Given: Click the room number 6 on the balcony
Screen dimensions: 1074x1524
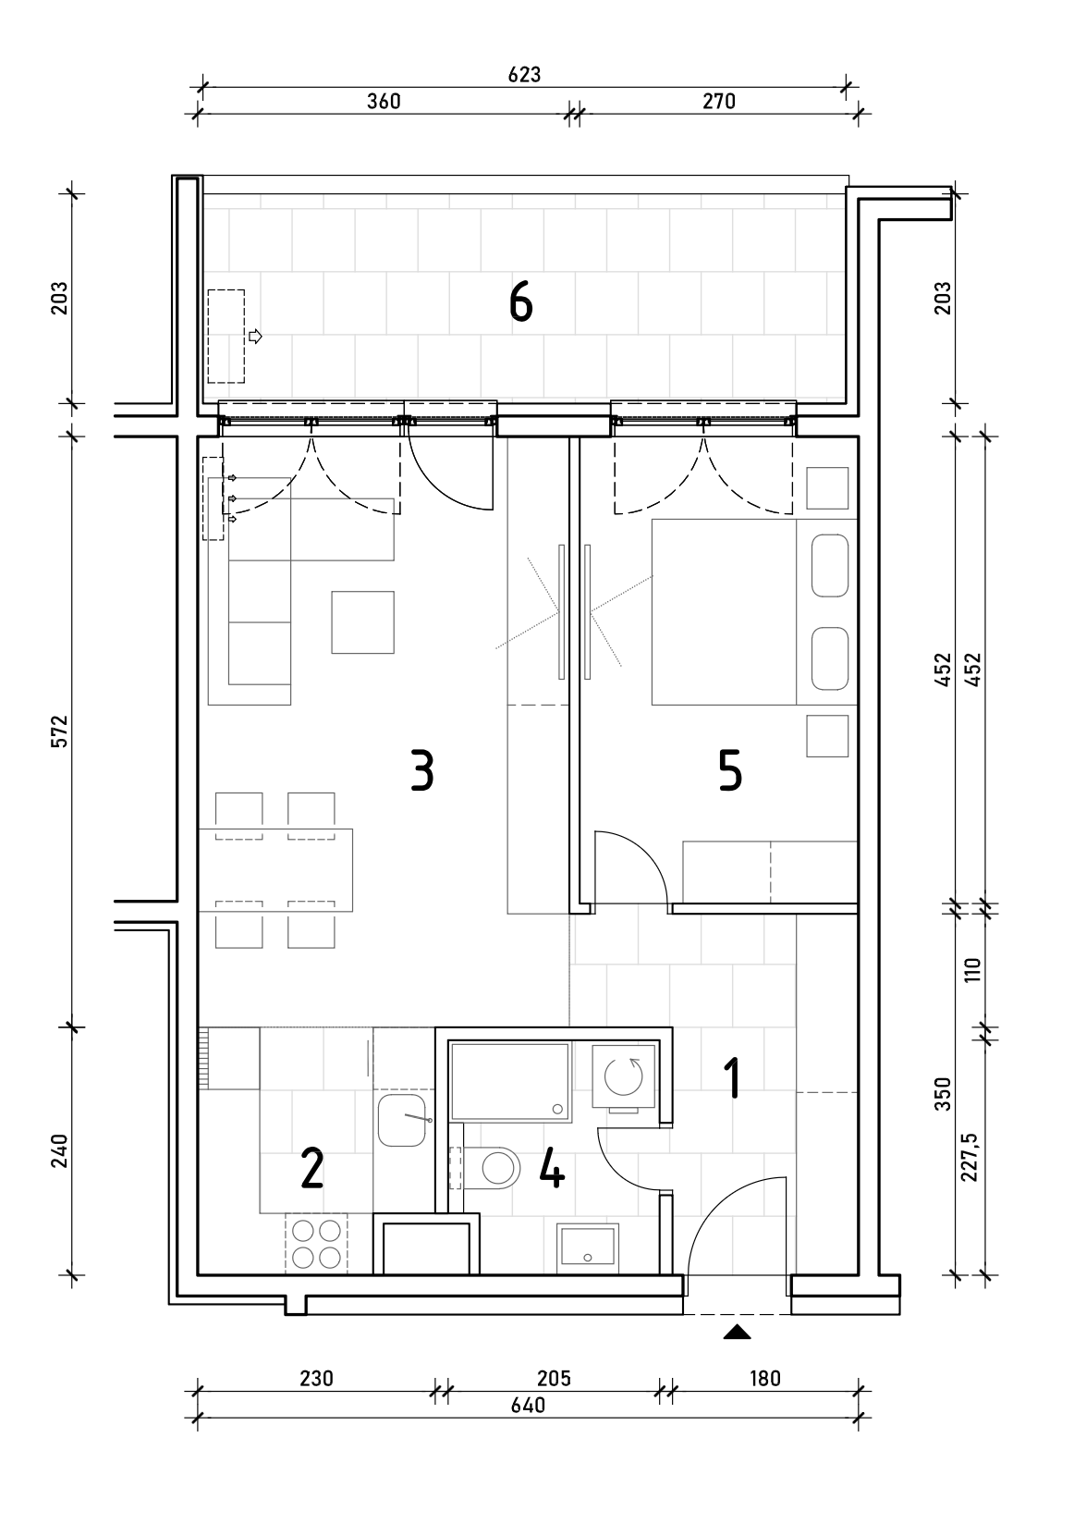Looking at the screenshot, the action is point(520,302).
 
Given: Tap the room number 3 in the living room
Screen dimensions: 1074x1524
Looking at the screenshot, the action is point(422,770).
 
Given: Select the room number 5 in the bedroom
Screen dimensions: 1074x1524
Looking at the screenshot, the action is point(730,770).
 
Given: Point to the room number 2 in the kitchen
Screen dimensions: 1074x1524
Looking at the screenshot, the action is point(311,1168).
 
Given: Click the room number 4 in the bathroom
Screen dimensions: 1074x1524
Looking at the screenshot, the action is point(551,1168).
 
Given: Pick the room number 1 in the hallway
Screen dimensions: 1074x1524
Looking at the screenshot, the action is point(732,1078).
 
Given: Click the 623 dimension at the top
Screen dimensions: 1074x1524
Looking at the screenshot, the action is point(524,74).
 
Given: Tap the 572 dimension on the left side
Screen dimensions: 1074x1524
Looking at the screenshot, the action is point(60,731).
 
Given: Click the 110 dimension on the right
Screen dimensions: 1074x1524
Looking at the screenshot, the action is point(972,969).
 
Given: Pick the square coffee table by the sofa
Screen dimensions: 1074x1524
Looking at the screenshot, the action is point(362,621).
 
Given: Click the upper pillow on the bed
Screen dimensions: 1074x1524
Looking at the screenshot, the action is point(830,565).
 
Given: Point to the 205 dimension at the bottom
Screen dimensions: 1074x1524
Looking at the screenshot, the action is point(554,1378).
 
